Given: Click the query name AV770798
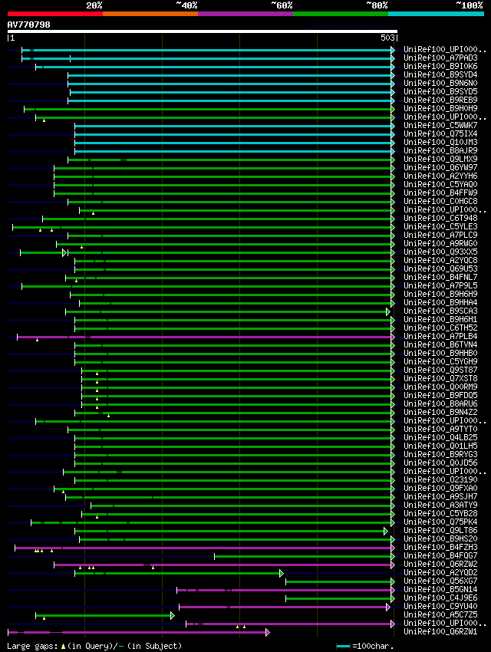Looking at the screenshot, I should pyautogui.click(x=29, y=25).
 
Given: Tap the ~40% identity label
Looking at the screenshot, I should pyautogui.click(x=186, y=5).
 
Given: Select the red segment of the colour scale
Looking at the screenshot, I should pyautogui.click(x=54, y=13).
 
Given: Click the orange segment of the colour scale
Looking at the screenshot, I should pyautogui.click(x=150, y=13).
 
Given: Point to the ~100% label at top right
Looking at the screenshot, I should pyautogui.click(x=469, y=5).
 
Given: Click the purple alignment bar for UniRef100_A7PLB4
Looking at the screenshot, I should pyautogui.click(x=230, y=337).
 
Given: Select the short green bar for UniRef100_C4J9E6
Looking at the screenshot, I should pyautogui.click(x=338, y=598).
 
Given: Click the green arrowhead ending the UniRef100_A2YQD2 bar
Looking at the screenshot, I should pyautogui.click(x=282, y=573).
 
